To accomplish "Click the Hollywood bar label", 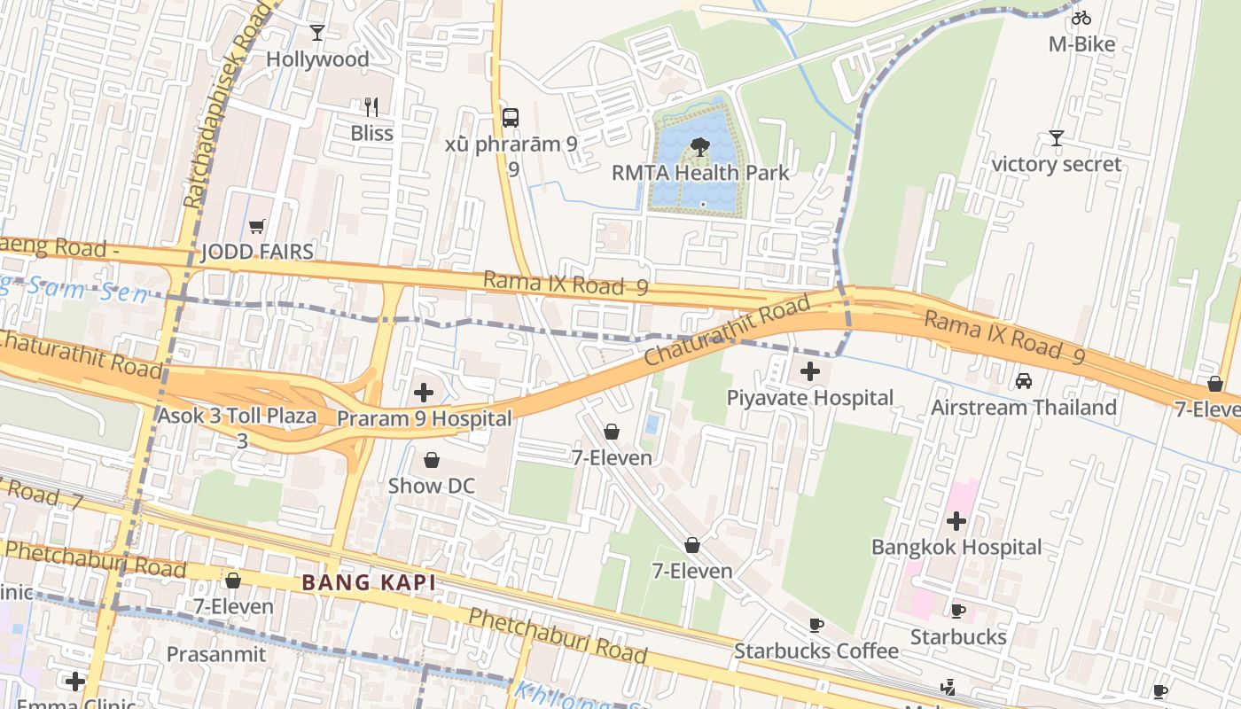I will tap(317, 59).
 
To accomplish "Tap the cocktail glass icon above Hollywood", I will tap(317, 33).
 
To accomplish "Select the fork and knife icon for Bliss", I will tap(371, 107).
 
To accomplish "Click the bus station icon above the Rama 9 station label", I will tap(511, 117).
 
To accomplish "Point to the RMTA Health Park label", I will tap(700, 172).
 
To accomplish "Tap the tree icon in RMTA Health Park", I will tap(700, 147).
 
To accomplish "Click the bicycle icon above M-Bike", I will tap(1081, 18).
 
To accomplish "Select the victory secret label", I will tap(1056, 164).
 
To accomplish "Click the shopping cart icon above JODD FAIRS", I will tap(257, 227).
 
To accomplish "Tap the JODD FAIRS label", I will tap(257, 252).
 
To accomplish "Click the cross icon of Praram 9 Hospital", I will tap(424, 392).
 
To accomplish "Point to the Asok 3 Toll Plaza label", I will tap(237, 416).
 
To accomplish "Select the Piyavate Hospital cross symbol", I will tap(810, 371).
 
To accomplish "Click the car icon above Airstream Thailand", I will tap(1023, 381).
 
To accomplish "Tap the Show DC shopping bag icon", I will tap(432, 460).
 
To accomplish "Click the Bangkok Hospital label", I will tap(956, 547).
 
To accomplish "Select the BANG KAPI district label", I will tap(369, 583).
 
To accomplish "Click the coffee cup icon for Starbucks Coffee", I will tap(816, 626).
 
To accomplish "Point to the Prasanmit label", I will tap(216, 654).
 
